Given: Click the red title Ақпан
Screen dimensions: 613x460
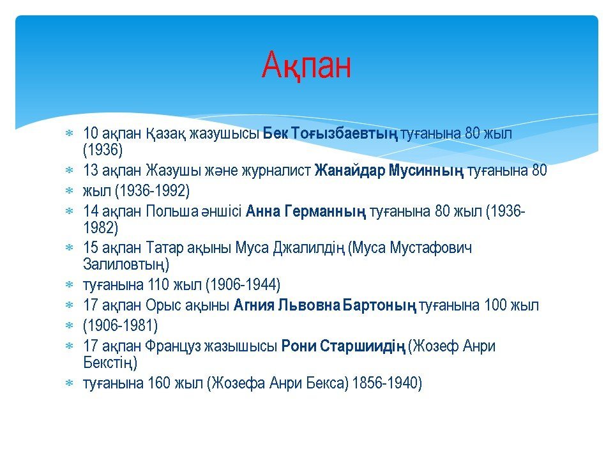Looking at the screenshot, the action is point(306,66).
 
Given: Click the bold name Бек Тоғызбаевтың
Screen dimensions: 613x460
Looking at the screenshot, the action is point(330,134).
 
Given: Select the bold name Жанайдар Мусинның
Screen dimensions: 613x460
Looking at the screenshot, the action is point(389,171).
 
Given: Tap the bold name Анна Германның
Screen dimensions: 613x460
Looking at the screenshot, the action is point(306,211).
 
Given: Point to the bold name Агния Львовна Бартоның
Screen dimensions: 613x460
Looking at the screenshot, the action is point(325,305).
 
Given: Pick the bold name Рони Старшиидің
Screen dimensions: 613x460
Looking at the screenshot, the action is point(344,346).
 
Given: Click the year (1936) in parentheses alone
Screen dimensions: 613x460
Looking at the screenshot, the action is point(103,149).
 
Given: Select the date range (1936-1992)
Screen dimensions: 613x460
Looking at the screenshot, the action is point(153,191).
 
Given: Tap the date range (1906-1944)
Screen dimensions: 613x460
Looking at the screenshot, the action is point(243,285).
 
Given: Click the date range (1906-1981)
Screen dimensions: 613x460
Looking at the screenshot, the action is point(121,325).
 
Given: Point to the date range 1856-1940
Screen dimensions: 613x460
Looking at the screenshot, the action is point(387,383).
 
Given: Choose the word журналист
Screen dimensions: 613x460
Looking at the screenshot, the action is point(276,171).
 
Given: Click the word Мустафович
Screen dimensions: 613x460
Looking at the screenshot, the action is point(431,249).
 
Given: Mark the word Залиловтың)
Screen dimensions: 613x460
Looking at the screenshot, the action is point(126,264).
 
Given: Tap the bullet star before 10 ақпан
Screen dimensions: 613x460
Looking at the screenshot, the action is point(69,134).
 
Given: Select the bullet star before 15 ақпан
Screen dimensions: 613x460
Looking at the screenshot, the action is point(69,248).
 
